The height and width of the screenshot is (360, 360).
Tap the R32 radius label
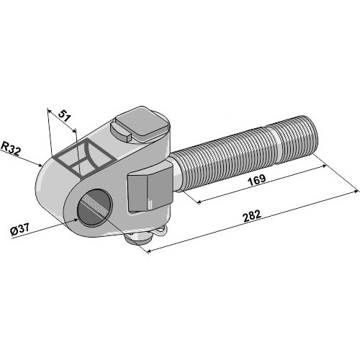(11, 149)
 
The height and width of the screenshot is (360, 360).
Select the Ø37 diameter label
(20, 230)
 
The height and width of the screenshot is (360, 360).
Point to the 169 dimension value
(257, 180)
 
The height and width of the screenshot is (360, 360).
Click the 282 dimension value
(252, 216)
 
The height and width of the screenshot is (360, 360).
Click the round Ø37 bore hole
(94, 208)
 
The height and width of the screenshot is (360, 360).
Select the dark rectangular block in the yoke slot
(150, 191)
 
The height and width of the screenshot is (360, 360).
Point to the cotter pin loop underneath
(161, 231)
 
